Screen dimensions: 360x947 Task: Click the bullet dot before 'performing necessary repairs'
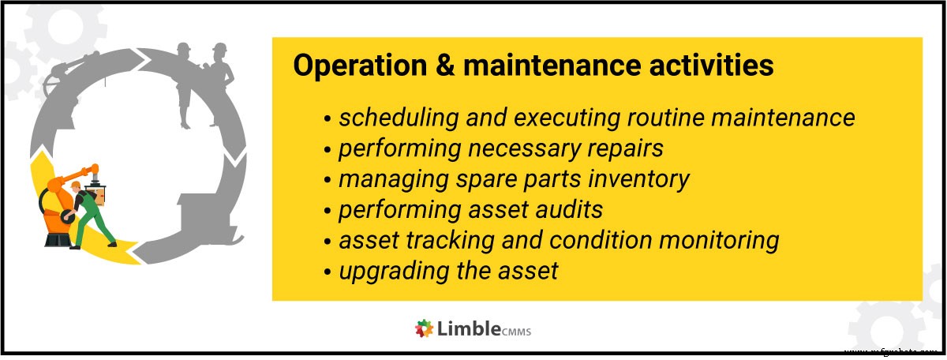click(x=327, y=149)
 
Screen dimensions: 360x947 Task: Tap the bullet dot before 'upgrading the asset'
click(x=327, y=272)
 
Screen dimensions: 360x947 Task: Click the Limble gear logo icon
click(x=424, y=328)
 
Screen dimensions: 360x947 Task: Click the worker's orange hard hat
click(x=75, y=186)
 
